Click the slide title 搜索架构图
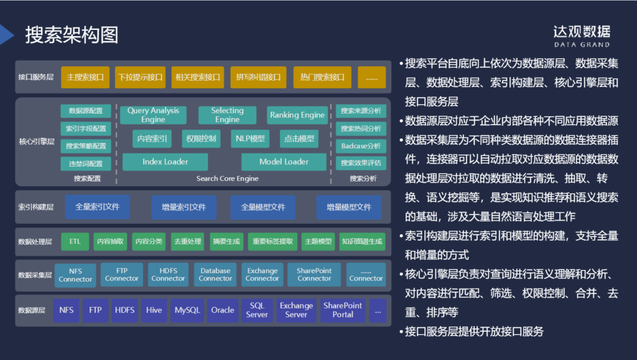click(x=72, y=35)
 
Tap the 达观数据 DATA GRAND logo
click(x=582, y=35)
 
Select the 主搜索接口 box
click(x=85, y=78)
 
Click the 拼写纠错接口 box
click(x=258, y=78)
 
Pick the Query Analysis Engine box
click(x=153, y=115)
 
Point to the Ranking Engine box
click(x=297, y=115)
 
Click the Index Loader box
click(x=165, y=162)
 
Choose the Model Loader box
click(x=284, y=162)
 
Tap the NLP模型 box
click(x=249, y=139)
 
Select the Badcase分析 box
click(x=361, y=146)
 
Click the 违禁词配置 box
click(x=86, y=164)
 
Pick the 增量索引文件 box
click(x=184, y=207)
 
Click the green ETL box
click(x=75, y=241)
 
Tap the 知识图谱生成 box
click(x=362, y=241)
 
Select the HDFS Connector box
click(x=168, y=275)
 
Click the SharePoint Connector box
click(x=314, y=275)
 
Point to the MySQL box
click(x=187, y=310)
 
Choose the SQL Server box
click(x=257, y=310)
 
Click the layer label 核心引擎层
click(x=37, y=142)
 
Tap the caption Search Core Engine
click(x=227, y=178)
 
